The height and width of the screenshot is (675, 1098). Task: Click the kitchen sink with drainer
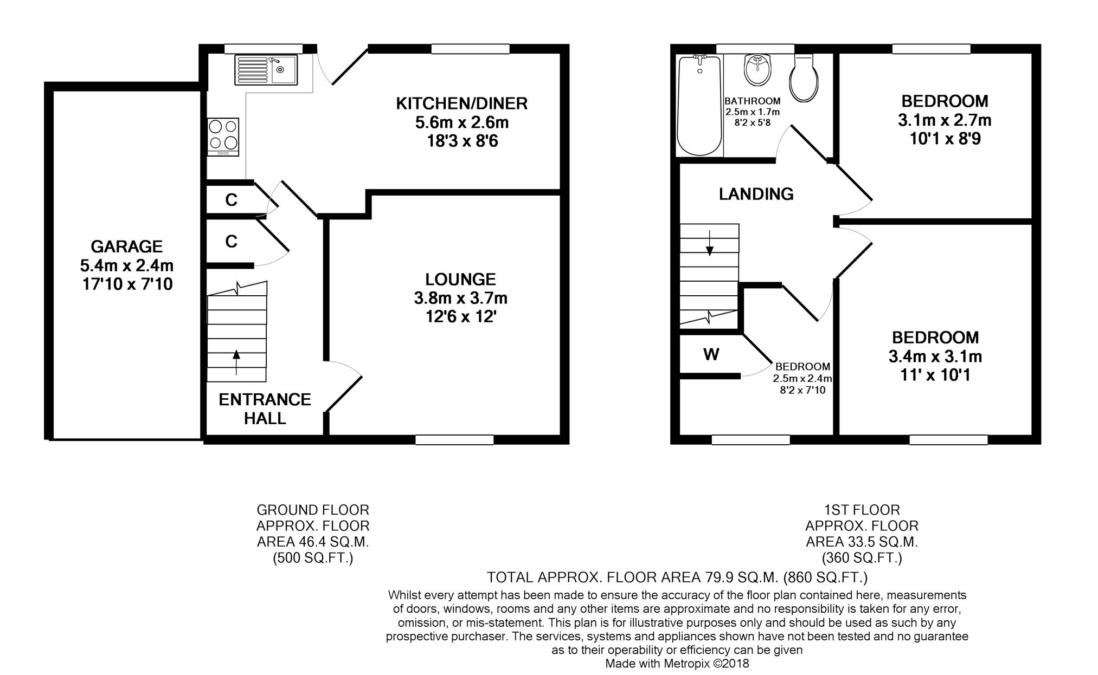pos(266,70)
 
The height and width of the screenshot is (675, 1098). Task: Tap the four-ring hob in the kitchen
pos(223,137)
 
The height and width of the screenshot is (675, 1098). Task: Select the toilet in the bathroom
pos(804,78)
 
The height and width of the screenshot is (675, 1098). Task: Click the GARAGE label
pos(127,246)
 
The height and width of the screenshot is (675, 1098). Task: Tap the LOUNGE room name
pos(460,279)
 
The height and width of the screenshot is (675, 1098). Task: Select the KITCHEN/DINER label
pos(461,103)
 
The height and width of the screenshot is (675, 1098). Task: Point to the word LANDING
pos(756,193)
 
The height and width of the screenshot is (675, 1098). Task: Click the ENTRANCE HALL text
pos(265,408)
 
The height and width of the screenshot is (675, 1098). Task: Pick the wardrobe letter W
pos(711,354)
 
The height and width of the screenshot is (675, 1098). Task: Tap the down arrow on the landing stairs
pos(709,243)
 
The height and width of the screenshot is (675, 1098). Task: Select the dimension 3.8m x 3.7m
pos(460,298)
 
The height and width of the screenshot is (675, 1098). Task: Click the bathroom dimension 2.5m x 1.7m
pos(753,112)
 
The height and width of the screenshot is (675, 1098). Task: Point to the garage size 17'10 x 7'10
pos(127,284)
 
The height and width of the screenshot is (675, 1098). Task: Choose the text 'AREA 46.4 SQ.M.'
pos(313,542)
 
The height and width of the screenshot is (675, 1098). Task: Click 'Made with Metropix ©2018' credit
pos(677,663)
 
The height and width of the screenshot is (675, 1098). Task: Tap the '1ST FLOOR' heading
pos(862,510)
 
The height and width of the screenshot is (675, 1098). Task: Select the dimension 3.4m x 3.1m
pos(935,356)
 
